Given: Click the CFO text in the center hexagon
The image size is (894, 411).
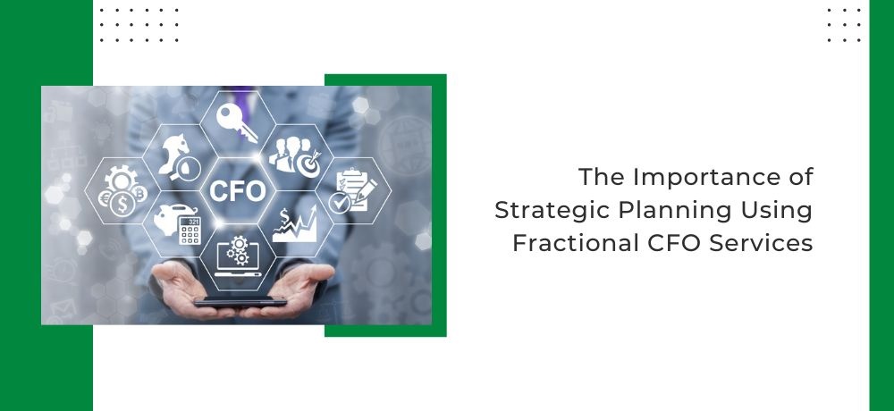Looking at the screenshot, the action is tap(237, 190).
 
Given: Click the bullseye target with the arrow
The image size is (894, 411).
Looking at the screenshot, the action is tap(309, 164).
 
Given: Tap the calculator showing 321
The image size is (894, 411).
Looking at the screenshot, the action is tap(190, 231).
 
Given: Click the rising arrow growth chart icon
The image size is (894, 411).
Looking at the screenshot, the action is tap(294, 223).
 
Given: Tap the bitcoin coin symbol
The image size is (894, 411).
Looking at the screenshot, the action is tap(139, 194).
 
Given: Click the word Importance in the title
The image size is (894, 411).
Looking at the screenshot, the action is tap(694, 177).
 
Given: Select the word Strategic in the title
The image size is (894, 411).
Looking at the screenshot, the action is tap(549, 211).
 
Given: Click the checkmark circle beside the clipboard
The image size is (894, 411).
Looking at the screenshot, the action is tap(340, 203).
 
